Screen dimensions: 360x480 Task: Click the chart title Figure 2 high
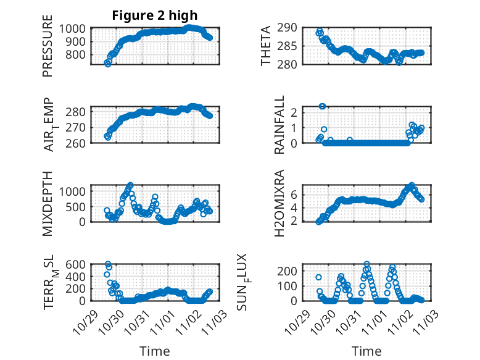[x=155, y=16]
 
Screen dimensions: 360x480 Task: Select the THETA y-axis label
[x=266, y=46]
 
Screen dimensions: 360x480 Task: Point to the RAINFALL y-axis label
[x=279, y=125]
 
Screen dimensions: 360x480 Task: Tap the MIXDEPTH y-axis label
[x=48, y=203]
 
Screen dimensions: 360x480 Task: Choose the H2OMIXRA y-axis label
[x=279, y=203]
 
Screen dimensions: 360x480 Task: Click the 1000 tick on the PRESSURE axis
[x=75, y=28]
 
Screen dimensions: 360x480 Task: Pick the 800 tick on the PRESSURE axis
[x=79, y=54]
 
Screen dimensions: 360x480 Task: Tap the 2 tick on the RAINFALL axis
[x=294, y=112]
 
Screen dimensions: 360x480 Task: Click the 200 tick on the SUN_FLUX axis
[x=292, y=271]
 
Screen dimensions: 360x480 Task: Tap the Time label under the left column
[x=155, y=351]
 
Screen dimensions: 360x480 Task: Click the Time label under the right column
[x=366, y=351]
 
